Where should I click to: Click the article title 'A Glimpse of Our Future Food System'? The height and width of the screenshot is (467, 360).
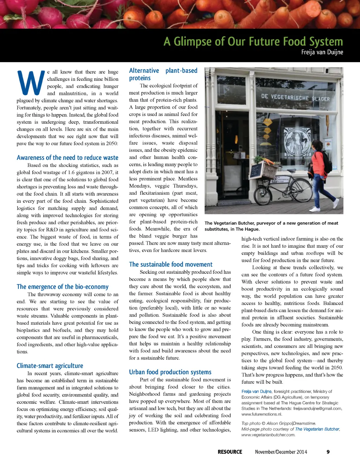tap(253, 42)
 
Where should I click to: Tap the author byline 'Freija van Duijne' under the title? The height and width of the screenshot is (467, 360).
tap(322, 52)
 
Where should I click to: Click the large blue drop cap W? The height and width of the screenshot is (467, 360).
tap(31, 83)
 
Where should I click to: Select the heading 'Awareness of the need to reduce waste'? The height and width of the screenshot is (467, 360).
tap(67, 158)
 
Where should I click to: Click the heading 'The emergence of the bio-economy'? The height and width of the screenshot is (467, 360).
tap(63, 287)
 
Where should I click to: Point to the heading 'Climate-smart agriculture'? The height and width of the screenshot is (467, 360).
tap(50, 366)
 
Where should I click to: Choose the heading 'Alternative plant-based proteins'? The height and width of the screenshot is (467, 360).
tap(163, 74)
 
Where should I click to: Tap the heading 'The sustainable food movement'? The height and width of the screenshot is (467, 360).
tap(171, 264)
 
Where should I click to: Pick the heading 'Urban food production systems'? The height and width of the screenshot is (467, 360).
tap(170, 372)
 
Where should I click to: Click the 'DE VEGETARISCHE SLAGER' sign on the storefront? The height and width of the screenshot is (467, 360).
tap(295, 97)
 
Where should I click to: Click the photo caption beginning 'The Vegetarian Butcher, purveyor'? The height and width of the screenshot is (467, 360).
tap(271, 226)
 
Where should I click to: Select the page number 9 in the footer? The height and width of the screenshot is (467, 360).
tap(328, 452)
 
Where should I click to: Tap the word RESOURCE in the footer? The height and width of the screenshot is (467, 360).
tap(230, 452)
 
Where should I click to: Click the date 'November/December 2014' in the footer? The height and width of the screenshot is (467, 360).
tap(281, 452)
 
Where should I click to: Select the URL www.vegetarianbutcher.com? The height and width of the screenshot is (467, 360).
tap(268, 435)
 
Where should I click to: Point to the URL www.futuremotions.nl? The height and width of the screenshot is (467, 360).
tap(262, 414)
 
